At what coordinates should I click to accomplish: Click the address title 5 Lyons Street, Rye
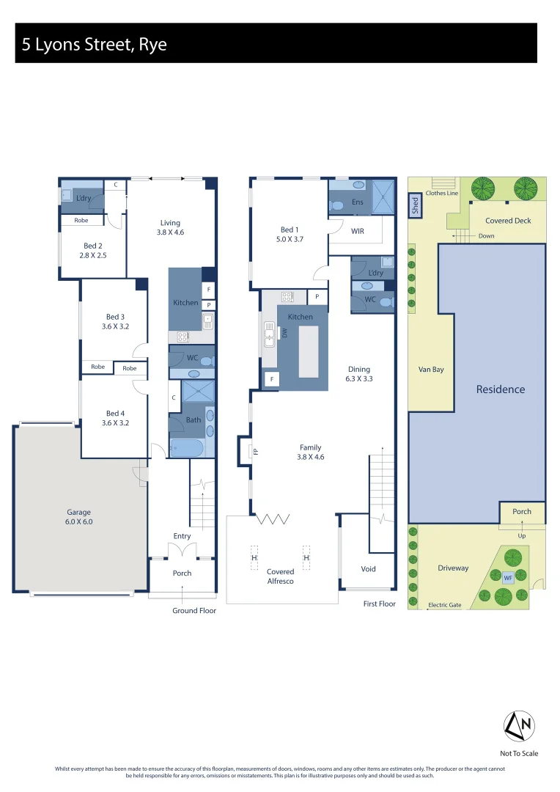95,45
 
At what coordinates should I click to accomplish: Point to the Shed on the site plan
414,206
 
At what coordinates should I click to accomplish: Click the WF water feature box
507,577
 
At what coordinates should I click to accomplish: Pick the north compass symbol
518,726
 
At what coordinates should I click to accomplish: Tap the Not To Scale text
519,753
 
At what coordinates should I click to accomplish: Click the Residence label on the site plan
501,389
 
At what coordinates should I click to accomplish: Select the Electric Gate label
445,605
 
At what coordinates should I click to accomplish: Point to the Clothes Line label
441,193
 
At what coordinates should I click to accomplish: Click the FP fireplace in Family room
255,451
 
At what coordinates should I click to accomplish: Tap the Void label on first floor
368,568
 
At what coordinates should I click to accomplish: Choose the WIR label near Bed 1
358,230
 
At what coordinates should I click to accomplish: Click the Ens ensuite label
358,202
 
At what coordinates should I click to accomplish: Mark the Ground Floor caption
194,610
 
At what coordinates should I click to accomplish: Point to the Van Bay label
431,370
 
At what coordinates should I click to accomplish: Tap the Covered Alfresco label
280,576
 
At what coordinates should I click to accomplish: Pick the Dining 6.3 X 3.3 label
359,374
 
